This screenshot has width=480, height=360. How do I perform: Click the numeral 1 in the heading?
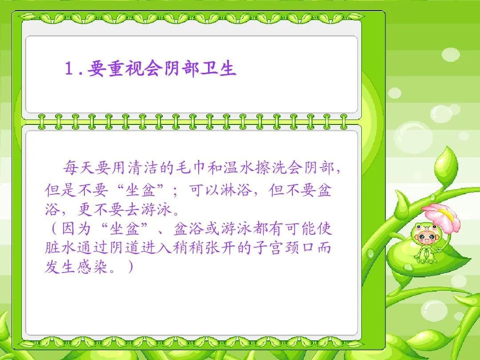(x=69, y=69)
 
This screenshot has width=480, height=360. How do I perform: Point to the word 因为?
(x=76, y=229)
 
